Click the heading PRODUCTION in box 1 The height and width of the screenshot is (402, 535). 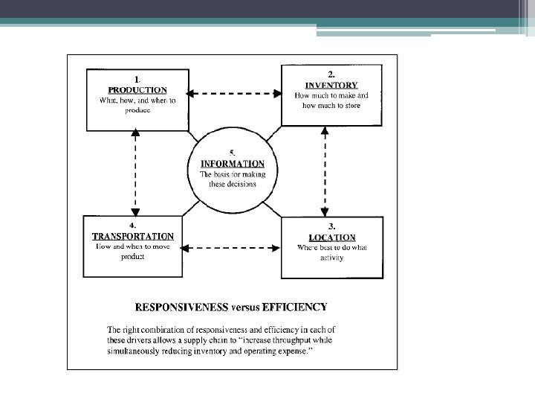pyautogui.click(x=133, y=89)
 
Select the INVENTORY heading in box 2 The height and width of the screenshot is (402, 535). pyautogui.click(x=331, y=85)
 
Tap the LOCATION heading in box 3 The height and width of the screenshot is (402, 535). pyautogui.click(x=331, y=237)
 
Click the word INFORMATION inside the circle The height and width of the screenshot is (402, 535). pyautogui.click(x=233, y=163)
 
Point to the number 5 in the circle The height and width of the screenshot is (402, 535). pyautogui.click(x=233, y=152)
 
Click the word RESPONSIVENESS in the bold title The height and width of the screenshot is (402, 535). pyautogui.click(x=181, y=306)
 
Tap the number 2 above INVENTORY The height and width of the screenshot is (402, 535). pyautogui.click(x=331, y=74)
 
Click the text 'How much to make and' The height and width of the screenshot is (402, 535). pyautogui.click(x=331, y=96)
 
